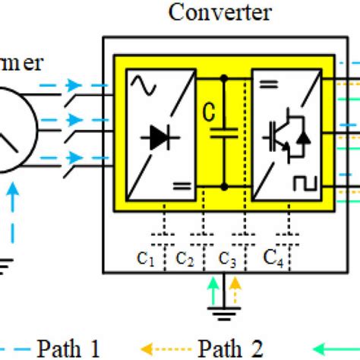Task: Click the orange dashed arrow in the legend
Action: tap(175, 349)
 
